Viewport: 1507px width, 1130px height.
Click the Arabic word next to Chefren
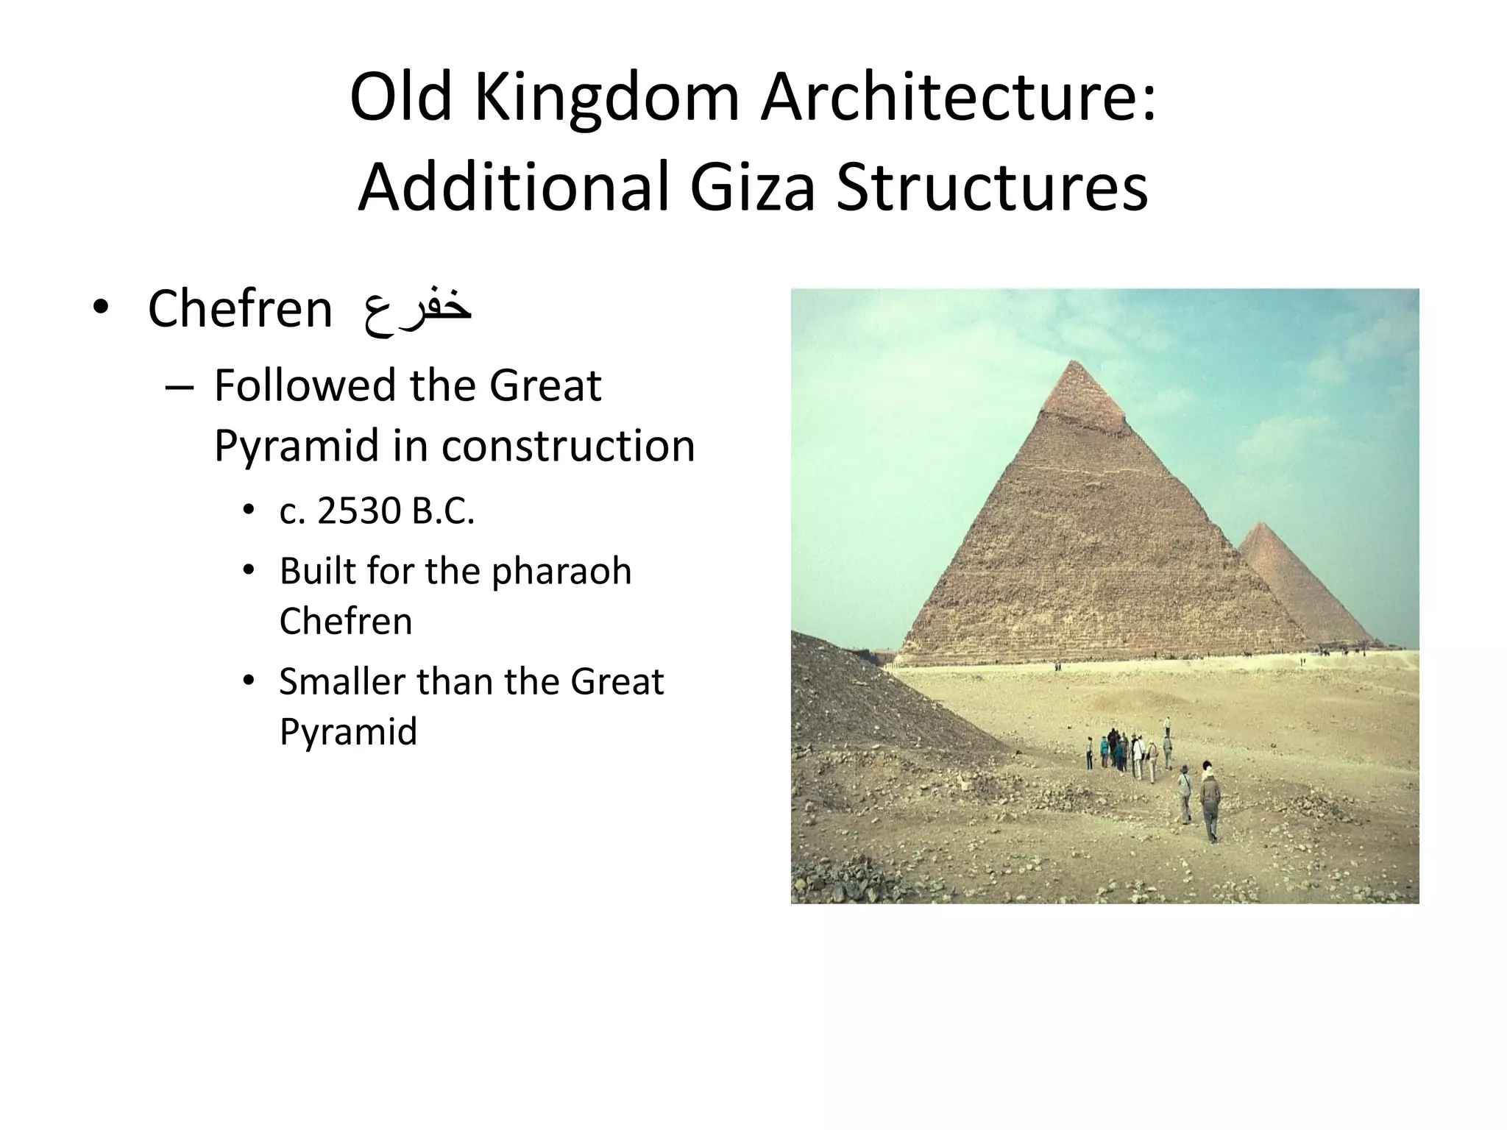pos(416,309)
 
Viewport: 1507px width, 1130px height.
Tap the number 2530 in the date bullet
pos(360,511)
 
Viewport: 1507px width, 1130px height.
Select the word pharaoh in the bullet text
pos(561,571)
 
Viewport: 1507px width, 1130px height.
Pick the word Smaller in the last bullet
pos(342,681)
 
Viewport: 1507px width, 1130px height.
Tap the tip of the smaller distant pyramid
pos(1261,524)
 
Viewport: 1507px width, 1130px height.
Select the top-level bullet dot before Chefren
pos(101,309)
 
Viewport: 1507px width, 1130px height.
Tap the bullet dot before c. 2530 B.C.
pos(249,511)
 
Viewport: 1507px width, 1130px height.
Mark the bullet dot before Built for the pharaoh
pos(249,571)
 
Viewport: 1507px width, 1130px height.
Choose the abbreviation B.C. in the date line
pos(443,511)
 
